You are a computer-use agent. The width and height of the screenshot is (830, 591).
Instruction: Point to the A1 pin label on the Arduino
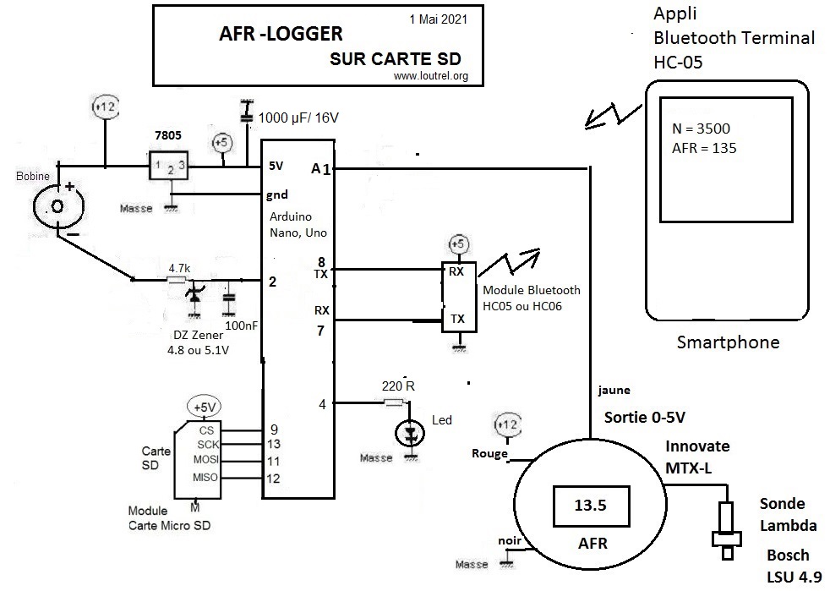pos(320,169)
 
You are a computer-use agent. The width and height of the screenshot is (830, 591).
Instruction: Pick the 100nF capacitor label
pos(236,325)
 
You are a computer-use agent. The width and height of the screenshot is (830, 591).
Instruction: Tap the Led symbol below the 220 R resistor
pos(412,433)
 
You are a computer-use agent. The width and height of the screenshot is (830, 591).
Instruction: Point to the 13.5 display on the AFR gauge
pos(591,506)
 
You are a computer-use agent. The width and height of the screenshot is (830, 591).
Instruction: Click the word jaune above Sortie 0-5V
pos(613,390)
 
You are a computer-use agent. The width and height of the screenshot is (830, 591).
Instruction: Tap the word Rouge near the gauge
pos(489,453)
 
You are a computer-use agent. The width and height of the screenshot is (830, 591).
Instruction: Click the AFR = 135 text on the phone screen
pos(701,148)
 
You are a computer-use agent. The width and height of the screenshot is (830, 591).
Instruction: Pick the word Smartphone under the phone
pos(728,343)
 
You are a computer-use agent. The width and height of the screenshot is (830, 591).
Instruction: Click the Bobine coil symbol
pos(57,206)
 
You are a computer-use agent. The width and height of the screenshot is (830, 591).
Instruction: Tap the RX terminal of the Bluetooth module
pos(456,271)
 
